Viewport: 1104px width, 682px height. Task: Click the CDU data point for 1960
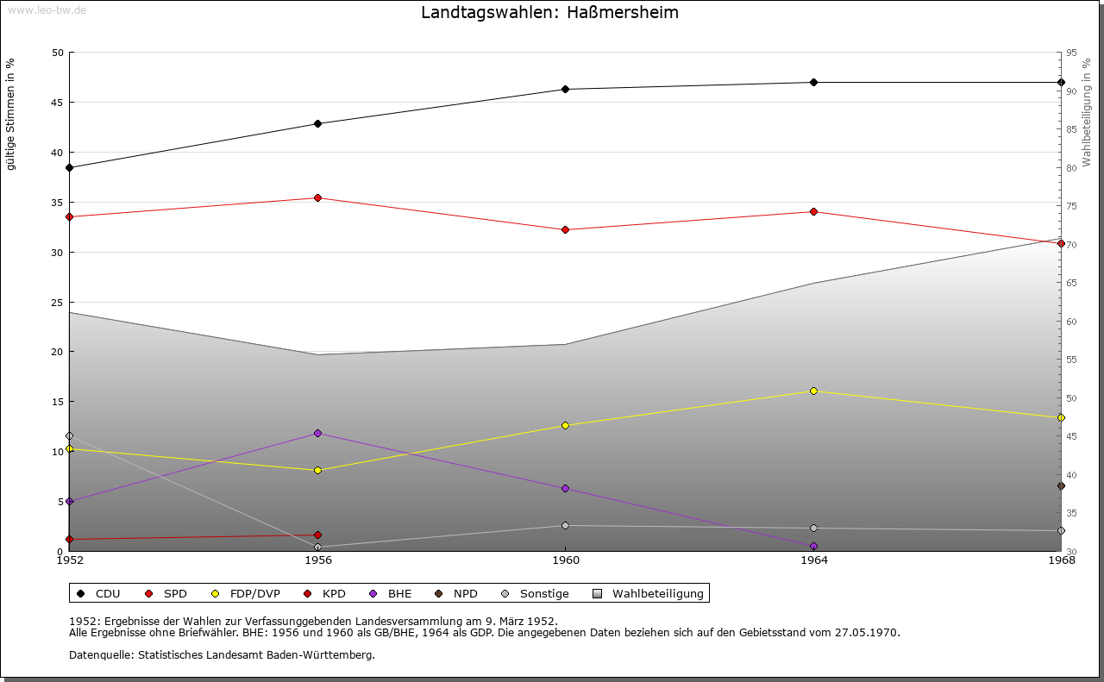tap(566, 89)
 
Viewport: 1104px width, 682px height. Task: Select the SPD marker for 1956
tap(317, 197)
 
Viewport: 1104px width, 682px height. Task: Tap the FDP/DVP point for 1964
tap(813, 391)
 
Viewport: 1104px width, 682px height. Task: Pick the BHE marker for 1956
tap(317, 433)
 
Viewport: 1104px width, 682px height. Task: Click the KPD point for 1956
tap(317, 535)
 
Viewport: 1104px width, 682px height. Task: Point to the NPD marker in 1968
tap(1061, 486)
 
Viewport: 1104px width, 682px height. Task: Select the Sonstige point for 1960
tap(566, 525)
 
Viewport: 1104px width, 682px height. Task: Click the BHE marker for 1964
tap(813, 546)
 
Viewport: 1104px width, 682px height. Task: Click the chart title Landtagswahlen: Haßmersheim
tap(549, 12)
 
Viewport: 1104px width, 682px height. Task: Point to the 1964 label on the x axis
tap(813, 561)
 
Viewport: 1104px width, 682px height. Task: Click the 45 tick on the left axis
tap(58, 103)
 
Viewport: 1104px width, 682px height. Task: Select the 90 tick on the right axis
tap(1070, 91)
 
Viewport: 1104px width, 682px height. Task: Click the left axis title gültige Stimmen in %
tap(10, 114)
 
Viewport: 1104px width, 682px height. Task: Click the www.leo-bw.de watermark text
tap(46, 9)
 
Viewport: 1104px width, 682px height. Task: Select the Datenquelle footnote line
tap(222, 655)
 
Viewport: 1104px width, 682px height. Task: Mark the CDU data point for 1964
tap(813, 82)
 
